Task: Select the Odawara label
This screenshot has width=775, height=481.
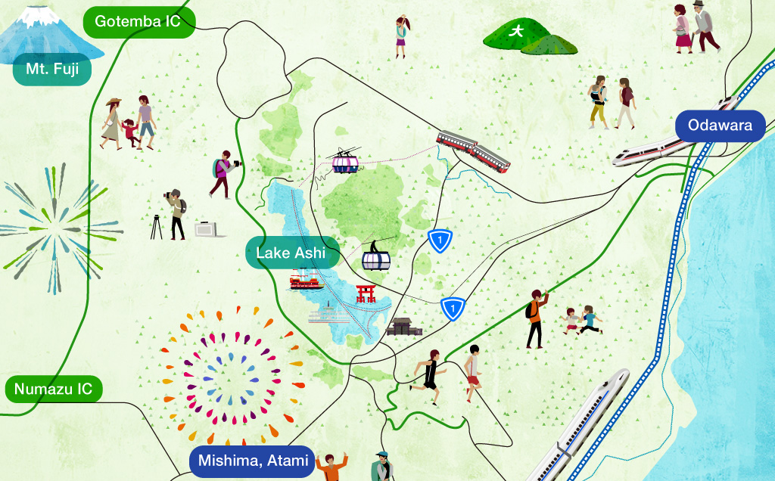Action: point(720,126)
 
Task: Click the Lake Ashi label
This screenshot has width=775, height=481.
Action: point(291,253)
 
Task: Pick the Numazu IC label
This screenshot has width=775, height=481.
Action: point(53,389)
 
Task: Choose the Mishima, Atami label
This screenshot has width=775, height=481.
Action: point(252,460)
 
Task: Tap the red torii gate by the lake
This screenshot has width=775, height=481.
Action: point(366,293)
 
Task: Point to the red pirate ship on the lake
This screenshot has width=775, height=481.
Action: point(307,281)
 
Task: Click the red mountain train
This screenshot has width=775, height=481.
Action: point(473,149)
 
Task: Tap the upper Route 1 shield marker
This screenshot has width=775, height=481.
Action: point(440,240)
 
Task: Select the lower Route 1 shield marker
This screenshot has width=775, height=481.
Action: point(453,308)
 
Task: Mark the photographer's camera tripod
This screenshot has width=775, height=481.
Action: point(157,226)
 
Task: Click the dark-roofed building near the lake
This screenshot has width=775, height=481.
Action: point(403,327)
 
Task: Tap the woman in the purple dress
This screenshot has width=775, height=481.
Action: point(401,37)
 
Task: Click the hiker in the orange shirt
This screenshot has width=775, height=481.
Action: point(535,318)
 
